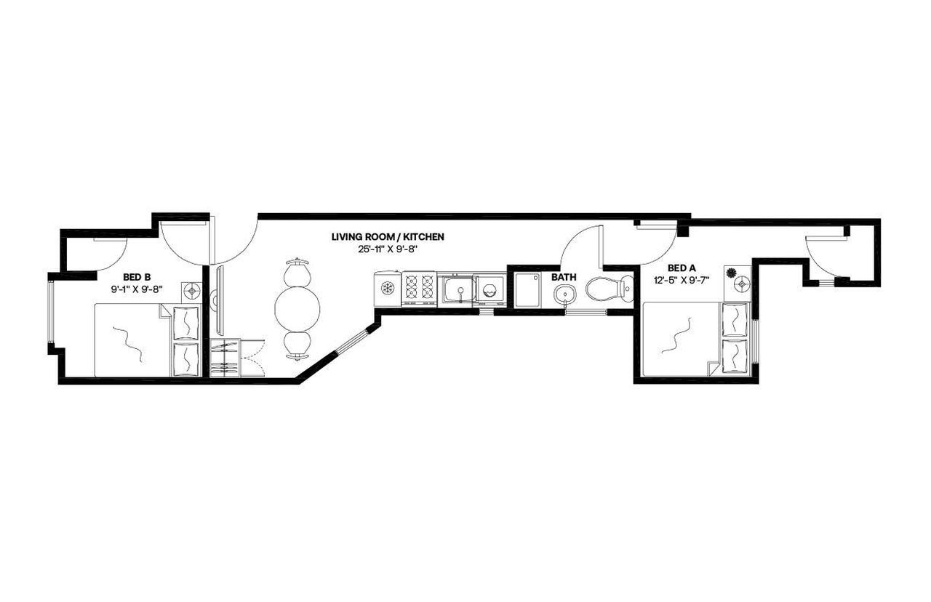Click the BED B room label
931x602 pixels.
(x=137, y=277)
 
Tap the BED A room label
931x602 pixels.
(x=682, y=267)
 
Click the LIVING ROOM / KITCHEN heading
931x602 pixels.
(x=388, y=237)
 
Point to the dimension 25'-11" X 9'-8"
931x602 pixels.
(x=388, y=249)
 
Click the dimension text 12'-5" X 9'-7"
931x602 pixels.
(x=682, y=278)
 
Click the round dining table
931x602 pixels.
(x=297, y=308)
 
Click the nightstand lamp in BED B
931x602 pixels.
(x=192, y=291)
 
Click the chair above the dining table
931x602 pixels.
(x=297, y=272)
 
